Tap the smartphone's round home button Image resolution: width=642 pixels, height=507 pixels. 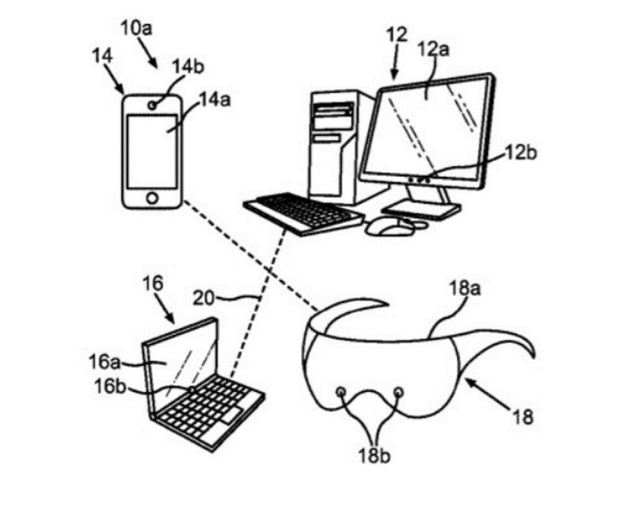click(152, 198)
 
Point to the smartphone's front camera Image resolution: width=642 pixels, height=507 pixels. click(152, 105)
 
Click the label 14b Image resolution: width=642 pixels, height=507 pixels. click(187, 66)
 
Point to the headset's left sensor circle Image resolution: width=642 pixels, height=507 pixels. click(341, 391)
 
